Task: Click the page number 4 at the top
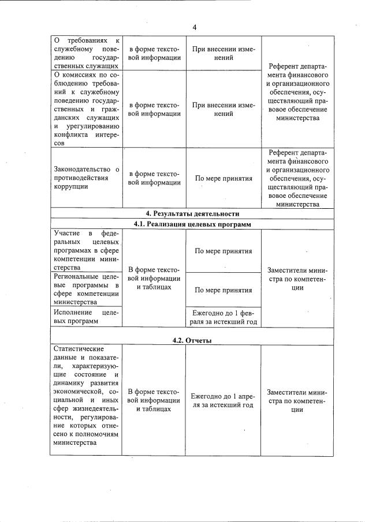tap(195, 27)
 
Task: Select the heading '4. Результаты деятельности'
tap(192, 213)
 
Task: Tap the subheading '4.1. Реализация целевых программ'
tap(192, 224)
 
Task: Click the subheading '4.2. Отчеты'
tap(192, 340)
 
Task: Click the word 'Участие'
tap(67, 232)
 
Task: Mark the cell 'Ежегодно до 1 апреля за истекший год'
tap(223, 400)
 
